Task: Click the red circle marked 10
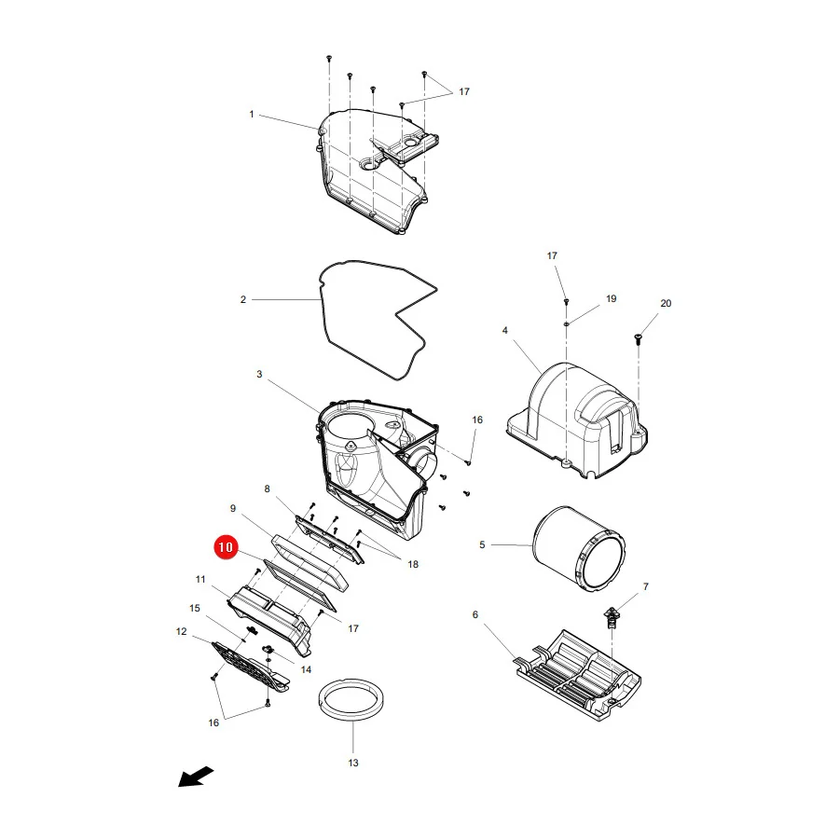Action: pos(226,547)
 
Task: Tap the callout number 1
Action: pos(252,114)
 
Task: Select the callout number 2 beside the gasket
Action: pos(243,299)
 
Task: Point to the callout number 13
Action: pos(353,763)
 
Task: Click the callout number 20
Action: pos(666,303)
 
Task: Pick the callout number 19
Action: pos(611,298)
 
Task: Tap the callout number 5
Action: pos(482,544)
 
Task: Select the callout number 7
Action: pos(646,586)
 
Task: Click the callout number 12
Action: pos(182,631)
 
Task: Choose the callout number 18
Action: pos(413,564)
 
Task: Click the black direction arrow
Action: pos(196,777)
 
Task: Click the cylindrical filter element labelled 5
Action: pos(579,549)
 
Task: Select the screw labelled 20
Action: pos(638,338)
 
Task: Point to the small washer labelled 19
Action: pos(566,323)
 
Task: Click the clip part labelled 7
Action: pos(611,618)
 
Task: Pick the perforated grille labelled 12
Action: pos(251,667)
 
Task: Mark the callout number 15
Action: pos(195,608)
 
